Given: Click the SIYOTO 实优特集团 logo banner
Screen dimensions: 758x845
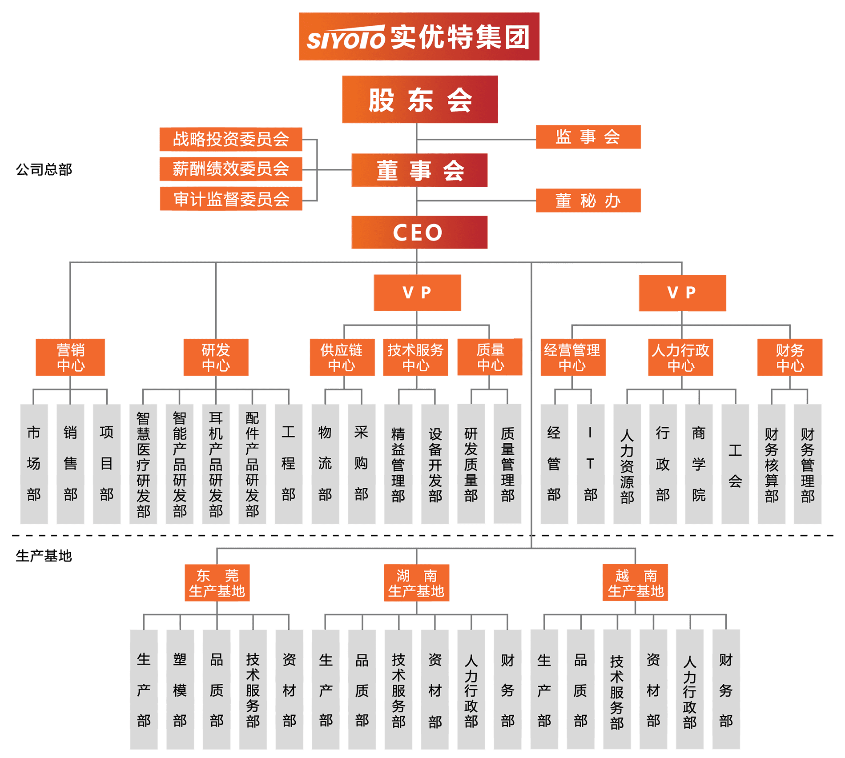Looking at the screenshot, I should (x=418, y=36).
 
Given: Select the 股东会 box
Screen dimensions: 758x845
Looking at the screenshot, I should (x=419, y=100).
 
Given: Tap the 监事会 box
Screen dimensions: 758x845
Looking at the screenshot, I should (x=588, y=137).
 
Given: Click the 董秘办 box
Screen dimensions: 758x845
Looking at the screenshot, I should (x=588, y=201).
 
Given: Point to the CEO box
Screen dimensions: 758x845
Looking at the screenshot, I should (x=419, y=233).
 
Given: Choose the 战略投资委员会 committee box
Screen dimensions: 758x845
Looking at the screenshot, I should (x=231, y=139).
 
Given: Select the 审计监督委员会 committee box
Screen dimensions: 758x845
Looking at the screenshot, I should (x=231, y=199).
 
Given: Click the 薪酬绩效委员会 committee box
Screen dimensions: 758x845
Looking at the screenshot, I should (x=231, y=169).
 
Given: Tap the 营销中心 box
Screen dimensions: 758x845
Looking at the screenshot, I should (x=70, y=357).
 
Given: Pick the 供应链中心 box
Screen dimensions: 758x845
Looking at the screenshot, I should (x=342, y=357).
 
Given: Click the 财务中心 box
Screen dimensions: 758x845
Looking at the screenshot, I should (x=790, y=357).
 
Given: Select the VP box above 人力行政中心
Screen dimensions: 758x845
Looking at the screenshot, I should (x=682, y=293).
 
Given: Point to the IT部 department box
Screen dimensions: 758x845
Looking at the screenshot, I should (x=591, y=464).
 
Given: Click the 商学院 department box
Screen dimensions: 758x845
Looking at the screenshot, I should (x=699, y=464).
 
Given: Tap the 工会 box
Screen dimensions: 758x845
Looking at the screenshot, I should (x=735, y=464).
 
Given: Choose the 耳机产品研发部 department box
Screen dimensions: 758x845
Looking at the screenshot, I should (x=216, y=464).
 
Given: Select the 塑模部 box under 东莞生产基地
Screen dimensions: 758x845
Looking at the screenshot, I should (x=180, y=689).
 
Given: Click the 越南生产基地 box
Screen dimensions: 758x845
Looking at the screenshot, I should (x=635, y=583).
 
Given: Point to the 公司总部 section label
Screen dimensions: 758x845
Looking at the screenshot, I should (x=44, y=169).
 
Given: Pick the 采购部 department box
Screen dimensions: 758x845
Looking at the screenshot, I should (x=361, y=464).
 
